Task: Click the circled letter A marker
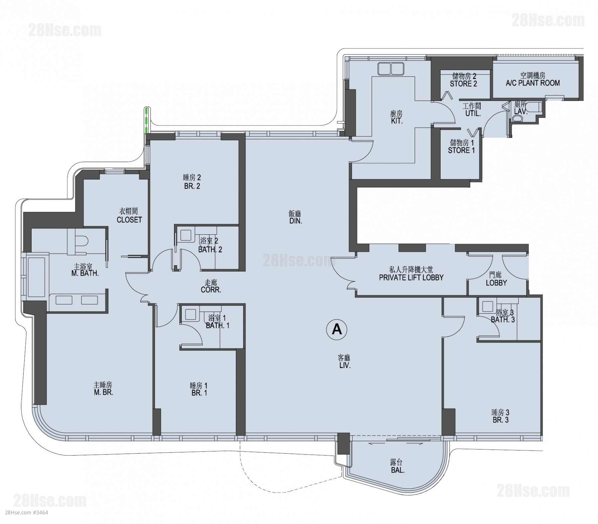pyautogui.click(x=337, y=329)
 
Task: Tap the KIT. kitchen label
pyautogui.click(x=397, y=121)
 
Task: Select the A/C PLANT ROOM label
pyautogui.click(x=533, y=83)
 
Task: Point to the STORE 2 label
pyautogui.click(x=463, y=84)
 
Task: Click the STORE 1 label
pyautogui.click(x=461, y=150)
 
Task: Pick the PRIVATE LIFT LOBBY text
pyautogui.click(x=411, y=277)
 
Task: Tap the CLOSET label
pyautogui.click(x=129, y=220)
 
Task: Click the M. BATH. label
pyautogui.click(x=85, y=274)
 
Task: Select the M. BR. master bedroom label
pyautogui.click(x=103, y=392)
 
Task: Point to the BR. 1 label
pyautogui.click(x=199, y=393)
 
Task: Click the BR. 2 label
pyautogui.click(x=192, y=186)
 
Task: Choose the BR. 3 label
pyautogui.click(x=500, y=420)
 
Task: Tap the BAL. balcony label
pyautogui.click(x=398, y=470)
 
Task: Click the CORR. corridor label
pyautogui.click(x=211, y=290)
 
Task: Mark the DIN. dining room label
pyautogui.click(x=295, y=221)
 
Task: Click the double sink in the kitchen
pyautogui.click(x=391, y=69)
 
